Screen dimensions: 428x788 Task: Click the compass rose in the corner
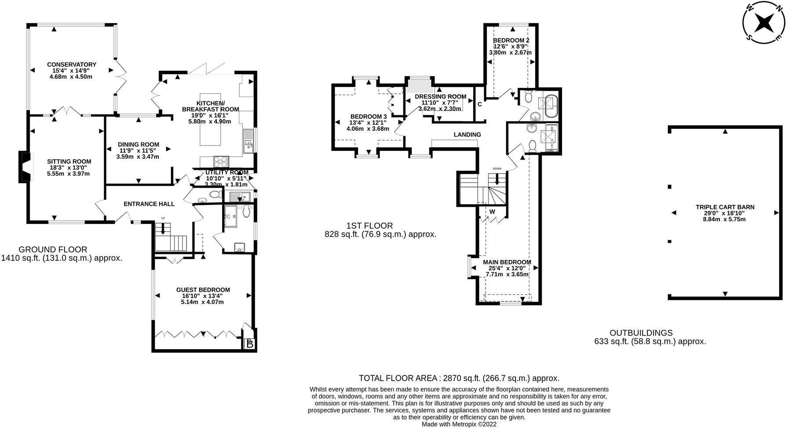pyautogui.click(x=764, y=22)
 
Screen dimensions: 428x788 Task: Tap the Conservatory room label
pyautogui.click(x=72, y=65)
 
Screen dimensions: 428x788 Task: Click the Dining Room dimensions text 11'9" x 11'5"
pyautogui.click(x=138, y=150)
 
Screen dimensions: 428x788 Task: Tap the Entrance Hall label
pyautogui.click(x=149, y=204)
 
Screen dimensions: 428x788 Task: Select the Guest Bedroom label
pyautogui.click(x=203, y=289)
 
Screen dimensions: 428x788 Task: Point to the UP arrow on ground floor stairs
pyautogui.click(x=163, y=228)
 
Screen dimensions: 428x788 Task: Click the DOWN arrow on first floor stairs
pyautogui.click(x=497, y=178)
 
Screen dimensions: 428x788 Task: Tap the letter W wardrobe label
pyautogui.click(x=492, y=212)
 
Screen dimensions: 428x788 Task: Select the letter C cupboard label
pyautogui.click(x=480, y=104)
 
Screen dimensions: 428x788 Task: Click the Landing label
pyautogui.click(x=467, y=135)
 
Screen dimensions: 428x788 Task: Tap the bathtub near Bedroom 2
pyautogui.click(x=550, y=105)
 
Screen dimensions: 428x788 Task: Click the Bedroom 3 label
pyautogui.click(x=368, y=116)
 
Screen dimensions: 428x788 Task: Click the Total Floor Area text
pyautogui.click(x=459, y=378)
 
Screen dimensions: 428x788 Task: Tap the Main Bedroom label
pyautogui.click(x=507, y=262)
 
